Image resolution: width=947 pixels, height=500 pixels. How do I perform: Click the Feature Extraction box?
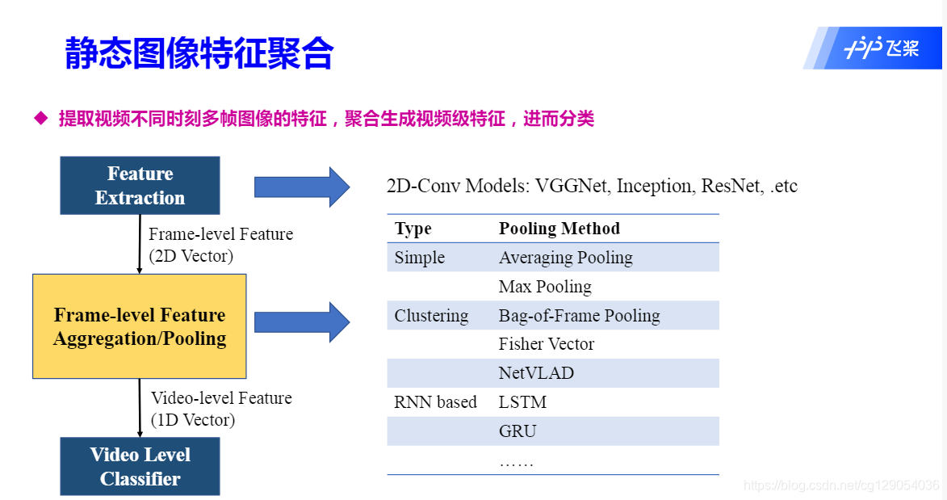click(x=140, y=186)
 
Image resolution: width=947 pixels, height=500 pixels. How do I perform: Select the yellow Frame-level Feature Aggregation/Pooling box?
click(x=140, y=326)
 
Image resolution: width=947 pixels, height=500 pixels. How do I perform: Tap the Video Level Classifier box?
click(x=140, y=466)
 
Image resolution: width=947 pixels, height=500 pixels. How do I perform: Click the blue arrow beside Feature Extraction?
click(x=301, y=187)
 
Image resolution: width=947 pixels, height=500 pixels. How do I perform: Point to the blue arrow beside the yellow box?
click(x=301, y=322)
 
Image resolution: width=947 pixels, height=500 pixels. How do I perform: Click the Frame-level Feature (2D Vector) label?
click(x=220, y=245)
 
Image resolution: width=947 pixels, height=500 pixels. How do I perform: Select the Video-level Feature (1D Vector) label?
click(x=221, y=409)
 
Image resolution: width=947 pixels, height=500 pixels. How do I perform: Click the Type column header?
click(x=413, y=229)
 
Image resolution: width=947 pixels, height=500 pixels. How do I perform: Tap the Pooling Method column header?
click(x=559, y=229)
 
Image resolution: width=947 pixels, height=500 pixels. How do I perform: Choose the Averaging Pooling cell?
click(x=565, y=258)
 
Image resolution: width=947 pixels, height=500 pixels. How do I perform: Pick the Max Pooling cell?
click(x=545, y=287)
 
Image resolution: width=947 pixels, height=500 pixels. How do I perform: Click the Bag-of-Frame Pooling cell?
click(x=579, y=316)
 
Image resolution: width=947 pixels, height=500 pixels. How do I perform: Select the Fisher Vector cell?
click(x=546, y=344)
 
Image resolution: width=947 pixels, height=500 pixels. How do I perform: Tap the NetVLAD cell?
click(x=536, y=373)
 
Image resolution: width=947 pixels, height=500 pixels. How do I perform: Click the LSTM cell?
click(x=522, y=402)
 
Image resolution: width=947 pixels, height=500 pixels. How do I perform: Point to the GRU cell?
click(x=517, y=431)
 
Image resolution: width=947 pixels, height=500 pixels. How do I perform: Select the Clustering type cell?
click(x=431, y=316)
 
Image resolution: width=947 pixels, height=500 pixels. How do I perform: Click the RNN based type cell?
click(x=435, y=402)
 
